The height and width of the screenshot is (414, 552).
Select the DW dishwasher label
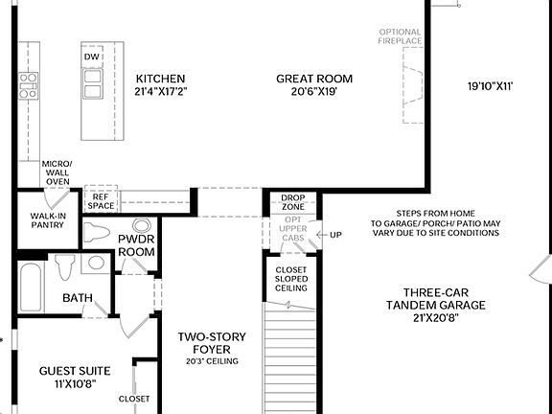point(92,57)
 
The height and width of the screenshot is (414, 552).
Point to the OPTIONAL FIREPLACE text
point(400,36)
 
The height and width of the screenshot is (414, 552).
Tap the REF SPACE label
point(101,200)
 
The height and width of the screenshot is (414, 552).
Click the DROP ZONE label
point(293,203)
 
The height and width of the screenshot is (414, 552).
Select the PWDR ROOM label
point(136,244)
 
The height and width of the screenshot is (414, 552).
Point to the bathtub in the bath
point(32,278)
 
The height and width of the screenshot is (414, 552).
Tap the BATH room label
point(78,298)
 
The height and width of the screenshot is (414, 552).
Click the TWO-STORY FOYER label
point(212,344)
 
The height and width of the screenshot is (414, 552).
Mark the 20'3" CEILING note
point(212,362)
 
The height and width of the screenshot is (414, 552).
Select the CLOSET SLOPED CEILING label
point(291,279)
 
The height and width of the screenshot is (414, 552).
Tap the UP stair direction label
point(335,235)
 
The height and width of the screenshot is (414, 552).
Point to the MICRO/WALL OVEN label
point(57,172)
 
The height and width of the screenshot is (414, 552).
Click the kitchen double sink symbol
point(93,84)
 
